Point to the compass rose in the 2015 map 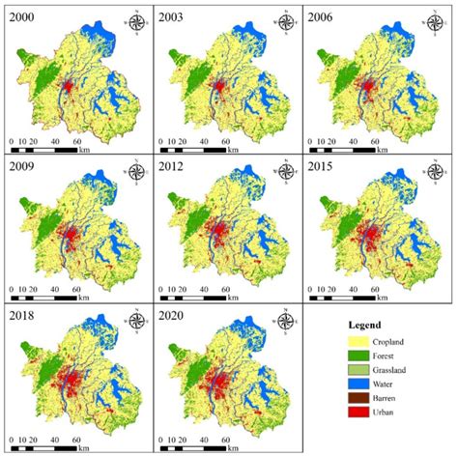435,172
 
